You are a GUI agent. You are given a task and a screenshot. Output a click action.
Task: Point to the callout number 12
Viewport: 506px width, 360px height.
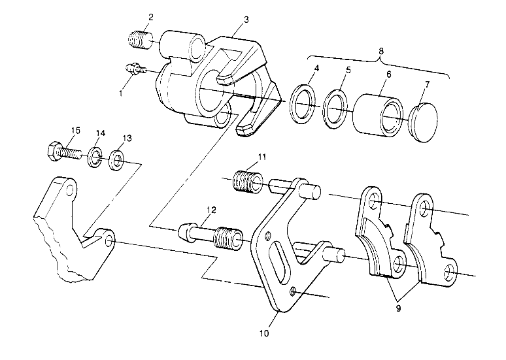click(x=211, y=210)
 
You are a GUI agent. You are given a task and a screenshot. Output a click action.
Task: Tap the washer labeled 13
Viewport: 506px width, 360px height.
click(x=118, y=159)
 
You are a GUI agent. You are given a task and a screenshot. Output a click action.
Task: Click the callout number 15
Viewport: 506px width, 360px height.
click(x=76, y=131)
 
